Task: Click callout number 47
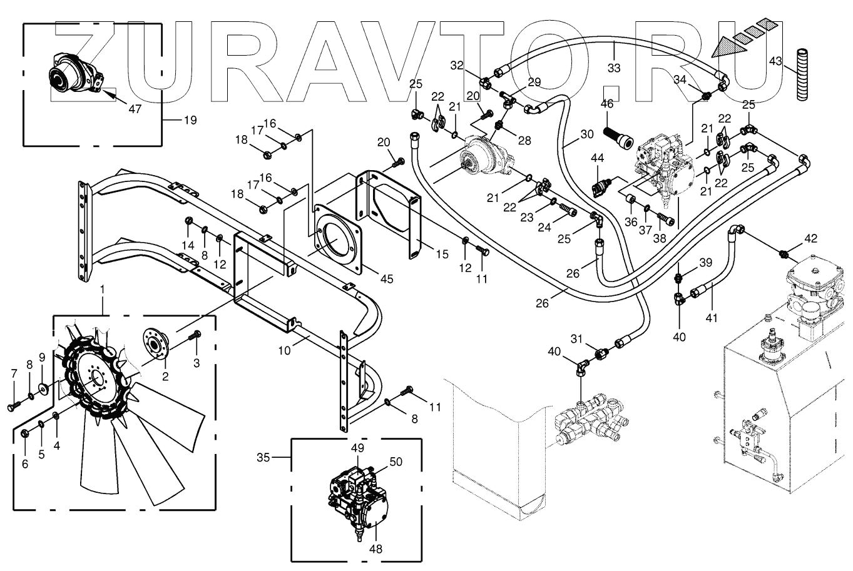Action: tap(135, 108)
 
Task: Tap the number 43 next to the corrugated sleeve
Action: tap(775, 61)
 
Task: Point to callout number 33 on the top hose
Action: tap(614, 68)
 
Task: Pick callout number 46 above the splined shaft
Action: tap(607, 104)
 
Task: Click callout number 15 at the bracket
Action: tap(442, 255)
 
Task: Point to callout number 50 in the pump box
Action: tap(396, 462)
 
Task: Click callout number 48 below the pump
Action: tap(375, 548)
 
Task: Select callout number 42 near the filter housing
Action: tap(811, 238)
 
